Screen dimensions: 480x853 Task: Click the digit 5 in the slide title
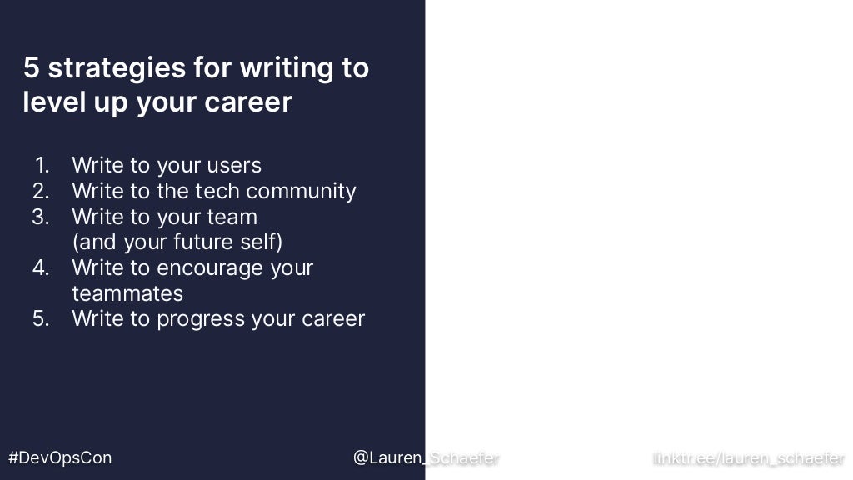[32, 67]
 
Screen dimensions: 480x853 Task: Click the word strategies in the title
[117, 68]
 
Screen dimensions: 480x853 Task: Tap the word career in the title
[254, 102]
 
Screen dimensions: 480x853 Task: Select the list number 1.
[42, 165]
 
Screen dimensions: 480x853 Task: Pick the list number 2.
[42, 191]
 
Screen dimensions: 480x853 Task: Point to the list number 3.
[42, 217]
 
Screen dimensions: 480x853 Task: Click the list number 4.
[42, 267]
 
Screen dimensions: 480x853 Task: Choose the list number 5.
[42, 318]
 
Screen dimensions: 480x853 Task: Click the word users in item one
[234, 165]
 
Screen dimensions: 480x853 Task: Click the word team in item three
[233, 217]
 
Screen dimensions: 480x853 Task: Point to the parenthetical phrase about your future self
[177, 242]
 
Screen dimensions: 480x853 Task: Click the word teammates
[127, 293]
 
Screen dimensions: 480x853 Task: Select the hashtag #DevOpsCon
[60, 457]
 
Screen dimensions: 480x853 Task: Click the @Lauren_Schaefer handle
[426, 457]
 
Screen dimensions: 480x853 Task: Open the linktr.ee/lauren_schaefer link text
[749, 457]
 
